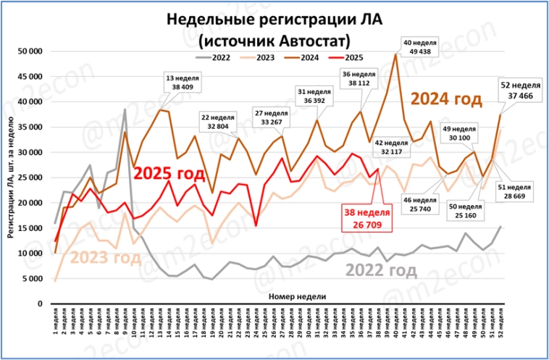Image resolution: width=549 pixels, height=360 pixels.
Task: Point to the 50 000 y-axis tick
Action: [x=32, y=51]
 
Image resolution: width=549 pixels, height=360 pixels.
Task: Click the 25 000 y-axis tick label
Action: [x=32, y=177]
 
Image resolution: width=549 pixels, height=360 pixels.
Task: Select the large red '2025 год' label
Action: [x=168, y=173]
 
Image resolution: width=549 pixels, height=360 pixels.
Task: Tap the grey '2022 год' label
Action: [x=382, y=270]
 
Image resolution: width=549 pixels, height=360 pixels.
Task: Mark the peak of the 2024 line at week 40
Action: [x=395, y=54]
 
